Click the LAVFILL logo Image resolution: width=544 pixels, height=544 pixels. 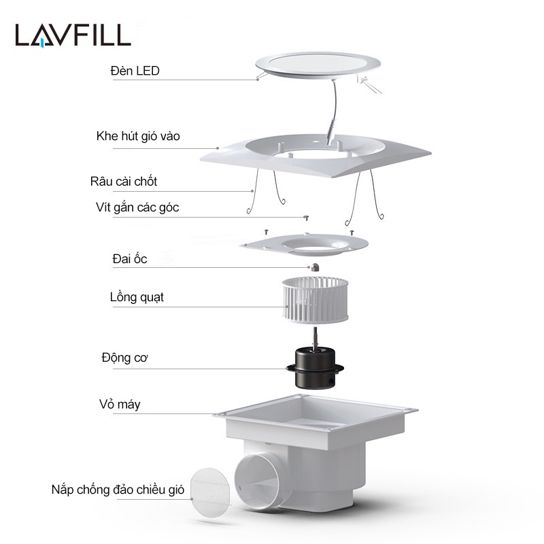tap(73, 35)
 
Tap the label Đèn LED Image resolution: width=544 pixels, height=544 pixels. tap(135, 71)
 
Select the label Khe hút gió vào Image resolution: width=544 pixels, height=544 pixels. tap(138, 137)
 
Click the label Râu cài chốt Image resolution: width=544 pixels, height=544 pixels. tap(123, 182)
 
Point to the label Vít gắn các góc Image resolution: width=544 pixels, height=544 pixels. tap(137, 207)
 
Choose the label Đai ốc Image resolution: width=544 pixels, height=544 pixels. tap(130, 259)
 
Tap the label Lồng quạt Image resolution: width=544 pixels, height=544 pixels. tap(137, 297)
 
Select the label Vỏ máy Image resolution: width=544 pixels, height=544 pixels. tap(120, 405)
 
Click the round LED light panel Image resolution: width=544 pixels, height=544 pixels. tap(313, 65)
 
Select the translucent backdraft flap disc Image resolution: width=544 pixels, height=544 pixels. tap(209, 490)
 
